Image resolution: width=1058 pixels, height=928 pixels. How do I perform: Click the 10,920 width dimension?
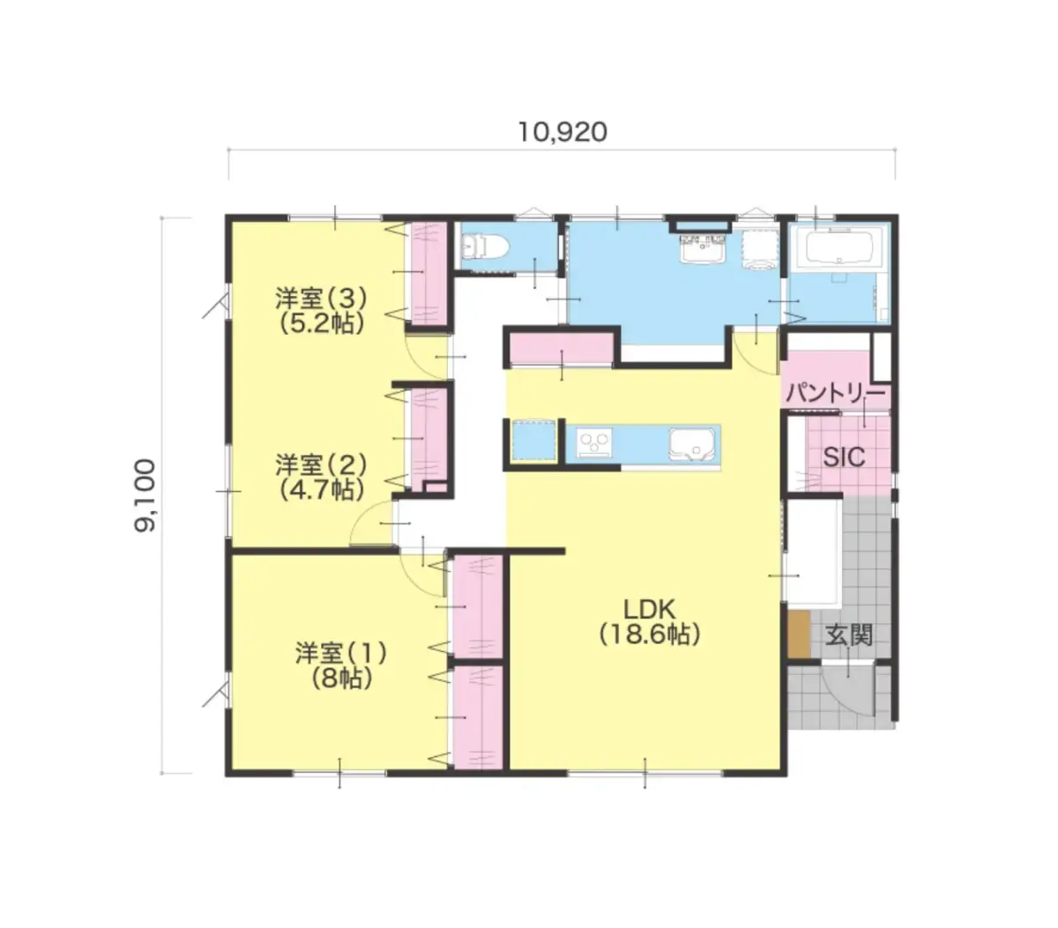tap(562, 132)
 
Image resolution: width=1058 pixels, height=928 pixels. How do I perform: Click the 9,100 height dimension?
tap(145, 495)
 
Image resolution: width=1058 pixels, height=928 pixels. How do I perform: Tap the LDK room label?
tap(649, 609)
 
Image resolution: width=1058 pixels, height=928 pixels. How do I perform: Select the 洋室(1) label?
tap(341, 653)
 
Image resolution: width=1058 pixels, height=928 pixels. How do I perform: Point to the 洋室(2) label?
tap(321, 464)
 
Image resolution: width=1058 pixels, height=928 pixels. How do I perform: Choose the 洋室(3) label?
tap(321, 299)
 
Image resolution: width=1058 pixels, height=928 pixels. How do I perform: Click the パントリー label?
tap(836, 393)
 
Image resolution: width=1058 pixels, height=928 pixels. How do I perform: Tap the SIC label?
tap(844, 457)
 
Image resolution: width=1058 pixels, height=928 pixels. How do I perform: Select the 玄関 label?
tap(848, 635)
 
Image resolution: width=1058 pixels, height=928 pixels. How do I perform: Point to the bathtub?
tap(838, 247)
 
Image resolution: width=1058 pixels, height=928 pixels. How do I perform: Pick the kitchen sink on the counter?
tap(691, 445)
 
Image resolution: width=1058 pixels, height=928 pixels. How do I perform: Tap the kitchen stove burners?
tap(593, 444)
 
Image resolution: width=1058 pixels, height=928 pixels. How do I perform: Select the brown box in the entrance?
tap(799, 635)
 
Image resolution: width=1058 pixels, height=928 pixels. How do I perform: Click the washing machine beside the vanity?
tap(760, 249)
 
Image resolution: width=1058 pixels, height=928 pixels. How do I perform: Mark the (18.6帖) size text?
tap(649, 635)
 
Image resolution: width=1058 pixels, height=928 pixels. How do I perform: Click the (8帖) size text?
tap(341, 679)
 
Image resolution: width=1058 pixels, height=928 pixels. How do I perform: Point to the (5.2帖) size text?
tap(321, 324)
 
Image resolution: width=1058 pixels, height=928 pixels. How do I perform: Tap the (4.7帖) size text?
tap(321, 490)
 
